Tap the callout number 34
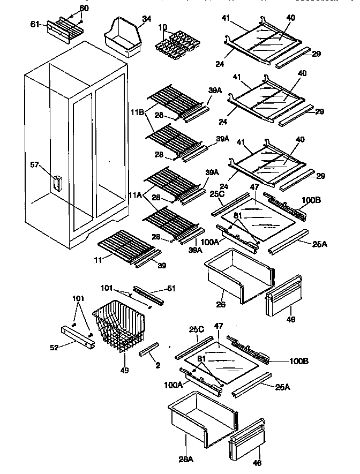click(x=146, y=19)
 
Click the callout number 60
click(x=84, y=8)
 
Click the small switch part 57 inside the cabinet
click(x=57, y=183)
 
